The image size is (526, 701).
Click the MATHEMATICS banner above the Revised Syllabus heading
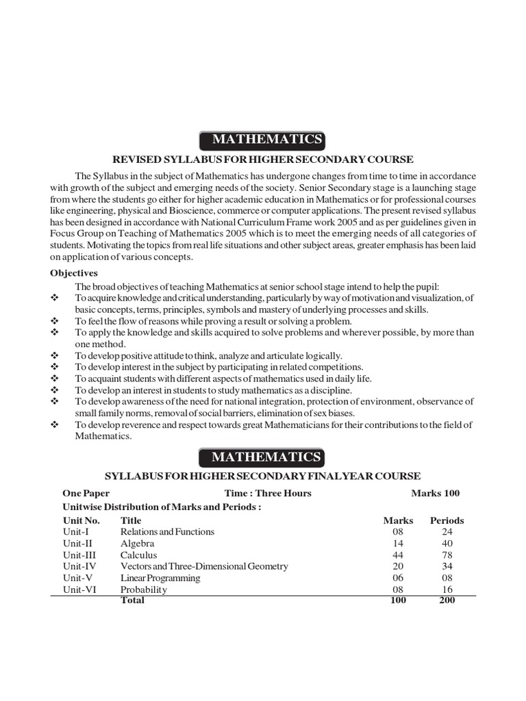pos(262,140)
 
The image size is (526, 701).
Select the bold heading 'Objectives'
pos(74,272)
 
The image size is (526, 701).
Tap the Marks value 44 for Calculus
pos(397,555)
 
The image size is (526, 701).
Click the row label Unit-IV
pos(79,566)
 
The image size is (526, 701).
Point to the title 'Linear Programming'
pos(160,578)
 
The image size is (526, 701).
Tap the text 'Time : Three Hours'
pos(268,493)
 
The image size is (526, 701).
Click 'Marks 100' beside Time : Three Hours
pos(436,493)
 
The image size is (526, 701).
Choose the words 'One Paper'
pos(86,493)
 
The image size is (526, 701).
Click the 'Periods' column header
pos(447,520)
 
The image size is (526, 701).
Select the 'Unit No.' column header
pos(82,520)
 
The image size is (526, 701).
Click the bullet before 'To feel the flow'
pos(55,321)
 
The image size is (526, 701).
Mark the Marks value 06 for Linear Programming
pos(397,578)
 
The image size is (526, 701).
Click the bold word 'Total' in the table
pos(133,600)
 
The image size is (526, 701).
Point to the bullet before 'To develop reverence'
pos(55,425)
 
